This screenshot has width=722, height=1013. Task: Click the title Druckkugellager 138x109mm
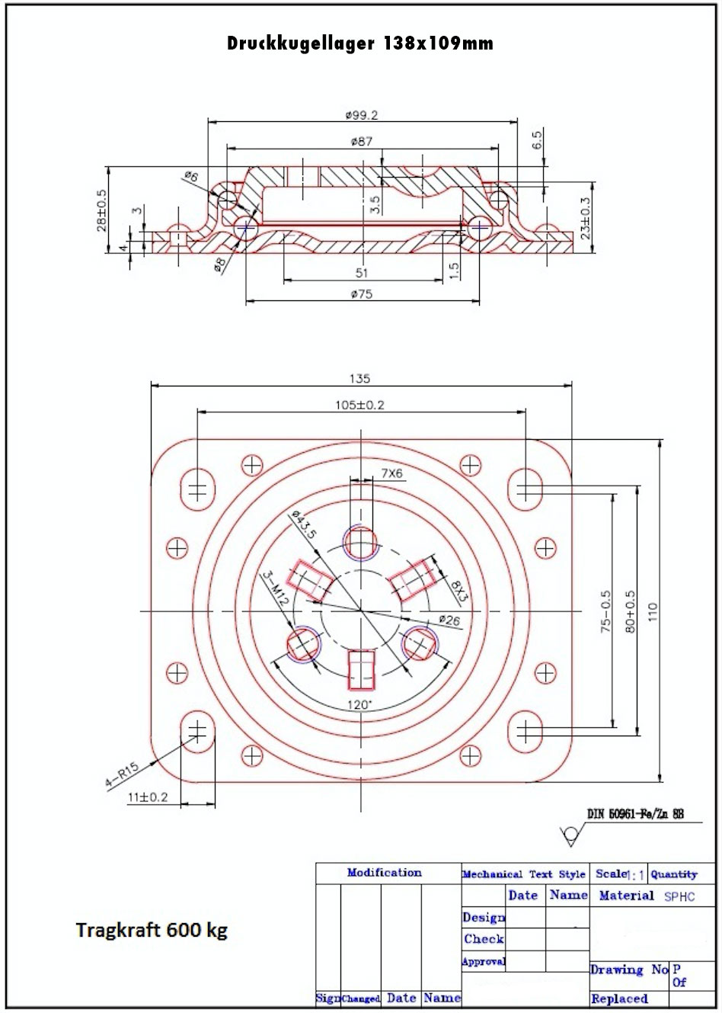pyautogui.click(x=360, y=43)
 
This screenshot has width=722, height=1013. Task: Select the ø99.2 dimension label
pyautogui.click(x=361, y=115)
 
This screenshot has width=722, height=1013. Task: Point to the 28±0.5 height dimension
pyautogui.click(x=102, y=210)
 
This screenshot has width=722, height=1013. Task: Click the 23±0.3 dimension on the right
pyautogui.click(x=585, y=219)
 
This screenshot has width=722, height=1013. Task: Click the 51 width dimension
pyautogui.click(x=362, y=273)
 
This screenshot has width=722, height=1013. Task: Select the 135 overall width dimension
pyautogui.click(x=360, y=378)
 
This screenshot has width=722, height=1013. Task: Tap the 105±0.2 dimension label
pyautogui.click(x=360, y=405)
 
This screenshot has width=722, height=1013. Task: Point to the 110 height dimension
pyautogui.click(x=652, y=611)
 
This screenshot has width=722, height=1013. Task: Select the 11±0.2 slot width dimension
pyautogui.click(x=148, y=797)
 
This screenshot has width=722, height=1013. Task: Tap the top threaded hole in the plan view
pyautogui.click(x=360, y=543)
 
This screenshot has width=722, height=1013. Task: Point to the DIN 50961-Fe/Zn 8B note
pyautogui.click(x=634, y=814)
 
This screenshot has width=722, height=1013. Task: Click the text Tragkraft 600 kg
pyautogui.click(x=152, y=930)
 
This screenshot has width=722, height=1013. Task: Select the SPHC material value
pyautogui.click(x=679, y=896)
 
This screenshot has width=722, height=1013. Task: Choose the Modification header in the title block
pyautogui.click(x=384, y=873)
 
